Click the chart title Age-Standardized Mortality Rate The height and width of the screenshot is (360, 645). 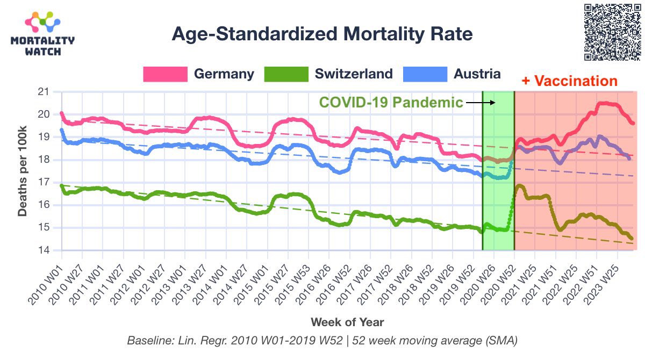tap(322, 34)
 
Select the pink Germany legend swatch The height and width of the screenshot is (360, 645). tap(165, 74)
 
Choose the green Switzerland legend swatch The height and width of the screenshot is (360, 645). tap(286, 74)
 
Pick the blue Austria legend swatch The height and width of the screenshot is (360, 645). tap(425, 74)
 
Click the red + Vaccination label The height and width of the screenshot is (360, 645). tap(569, 82)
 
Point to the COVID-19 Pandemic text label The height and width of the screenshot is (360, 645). tap(391, 102)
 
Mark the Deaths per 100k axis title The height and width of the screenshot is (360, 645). tap(23, 171)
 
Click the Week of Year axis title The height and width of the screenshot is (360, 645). tap(347, 322)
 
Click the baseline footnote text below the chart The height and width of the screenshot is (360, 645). tap(322, 341)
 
